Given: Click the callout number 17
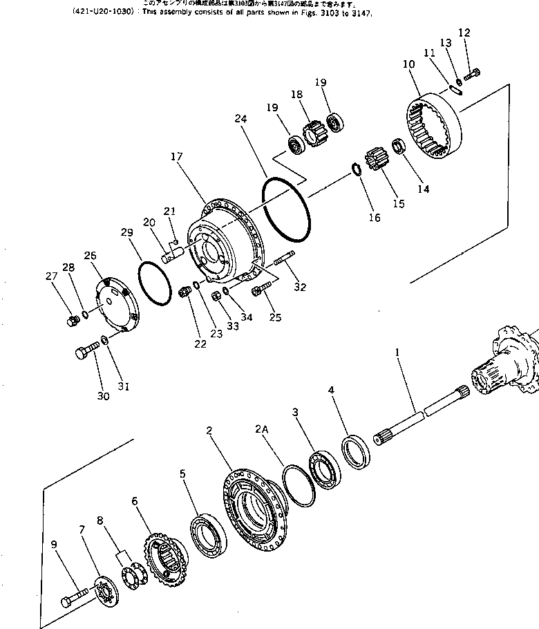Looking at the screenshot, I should click(177, 157).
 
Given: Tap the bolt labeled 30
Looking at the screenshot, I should click(84, 353).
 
